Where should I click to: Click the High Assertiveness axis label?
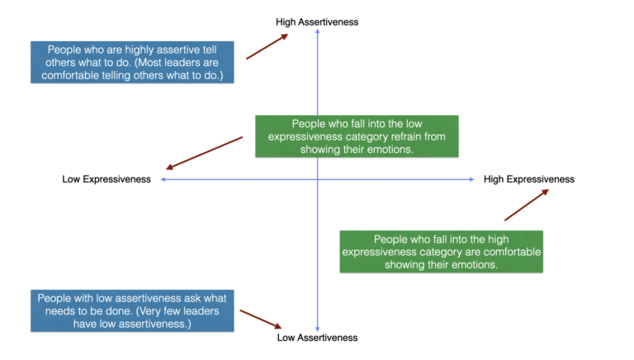[x=317, y=22]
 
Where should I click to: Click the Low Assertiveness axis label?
[x=317, y=338]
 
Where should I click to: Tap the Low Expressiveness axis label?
[x=106, y=179]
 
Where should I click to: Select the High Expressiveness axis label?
[x=528, y=179]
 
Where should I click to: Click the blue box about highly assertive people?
[x=133, y=62]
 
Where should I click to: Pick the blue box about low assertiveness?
[x=133, y=310]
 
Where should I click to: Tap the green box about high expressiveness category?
[x=442, y=251]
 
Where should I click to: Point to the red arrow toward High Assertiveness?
[x=267, y=46]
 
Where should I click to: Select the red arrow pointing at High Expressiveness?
[x=527, y=204]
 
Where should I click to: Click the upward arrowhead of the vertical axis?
[x=318, y=33]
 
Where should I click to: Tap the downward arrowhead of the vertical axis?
[x=318, y=328]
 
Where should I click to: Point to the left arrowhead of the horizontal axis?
[x=163, y=179]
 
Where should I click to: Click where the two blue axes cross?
[x=318, y=179]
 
